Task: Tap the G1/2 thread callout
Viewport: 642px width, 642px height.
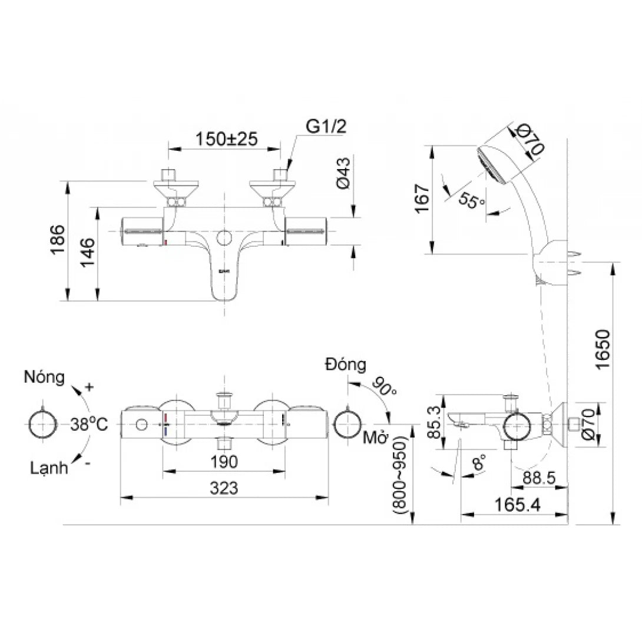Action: point(326,126)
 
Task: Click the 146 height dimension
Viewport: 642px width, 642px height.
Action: point(87,253)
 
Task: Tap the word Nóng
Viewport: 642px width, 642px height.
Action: point(44,378)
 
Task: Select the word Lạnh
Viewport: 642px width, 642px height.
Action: point(48,468)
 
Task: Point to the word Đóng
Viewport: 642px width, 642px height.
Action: point(345,365)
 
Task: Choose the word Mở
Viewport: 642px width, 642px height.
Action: point(373,438)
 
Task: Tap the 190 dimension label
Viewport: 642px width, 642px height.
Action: point(224,462)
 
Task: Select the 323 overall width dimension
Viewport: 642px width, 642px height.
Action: point(224,488)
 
